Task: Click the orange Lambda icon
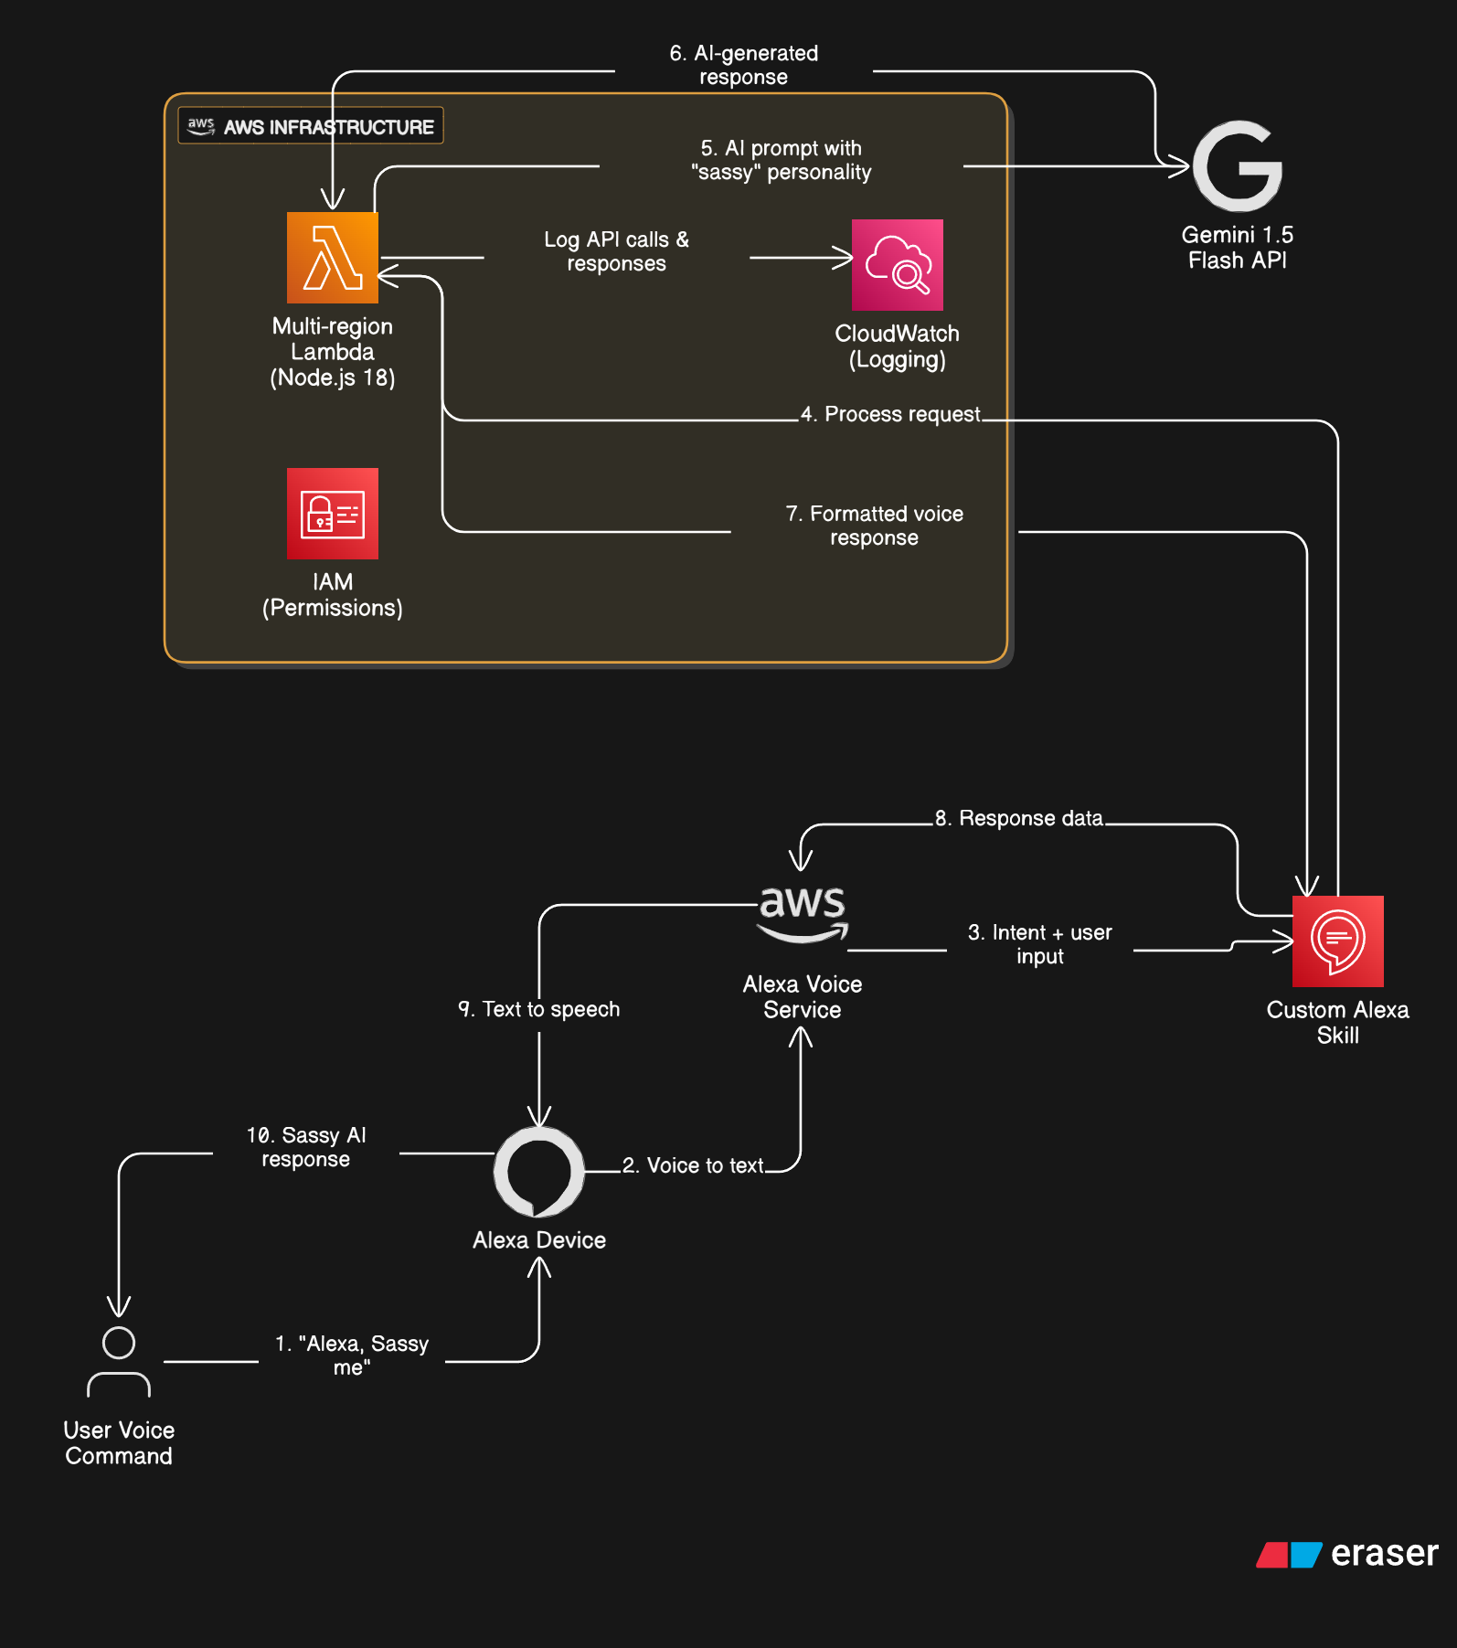(x=332, y=258)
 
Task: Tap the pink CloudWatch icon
(x=897, y=265)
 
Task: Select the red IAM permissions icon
(x=332, y=514)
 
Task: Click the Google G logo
(x=1238, y=166)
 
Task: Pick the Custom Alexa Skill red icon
(x=1337, y=941)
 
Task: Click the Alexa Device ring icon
(x=539, y=1172)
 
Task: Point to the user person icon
(x=119, y=1362)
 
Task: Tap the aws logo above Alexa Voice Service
(x=803, y=912)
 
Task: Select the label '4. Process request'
(x=890, y=414)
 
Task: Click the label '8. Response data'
(x=1018, y=818)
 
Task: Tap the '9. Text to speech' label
(x=539, y=1009)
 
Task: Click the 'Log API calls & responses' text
(x=616, y=251)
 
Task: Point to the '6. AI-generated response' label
(x=743, y=65)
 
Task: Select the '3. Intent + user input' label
(x=1039, y=944)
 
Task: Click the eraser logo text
(x=1384, y=1553)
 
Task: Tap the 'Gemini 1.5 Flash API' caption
(x=1237, y=248)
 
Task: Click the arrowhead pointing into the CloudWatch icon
(x=845, y=258)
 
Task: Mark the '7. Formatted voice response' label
(x=874, y=526)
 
